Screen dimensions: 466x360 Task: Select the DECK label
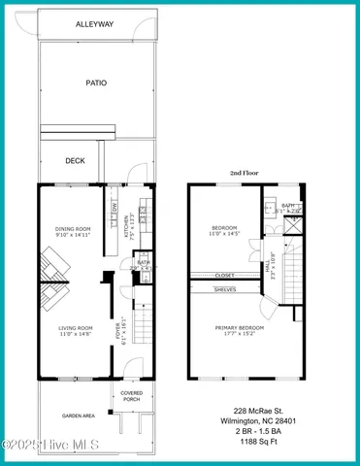[x=76, y=160]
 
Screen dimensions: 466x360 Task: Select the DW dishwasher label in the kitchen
[x=115, y=208]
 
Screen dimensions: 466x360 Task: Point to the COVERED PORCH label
[x=132, y=396]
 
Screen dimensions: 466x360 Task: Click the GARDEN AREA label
[x=78, y=416]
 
